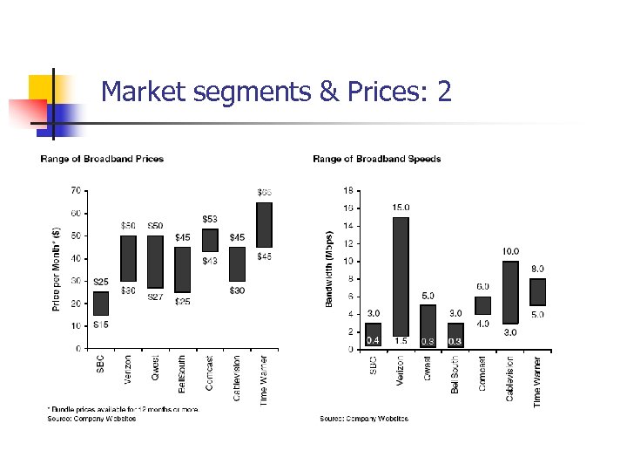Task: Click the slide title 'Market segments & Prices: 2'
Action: coord(276,91)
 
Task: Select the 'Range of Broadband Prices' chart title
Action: coord(102,159)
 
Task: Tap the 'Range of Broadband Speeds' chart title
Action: coord(376,159)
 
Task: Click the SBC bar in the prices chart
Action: coord(101,304)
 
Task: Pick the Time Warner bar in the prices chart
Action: coord(264,225)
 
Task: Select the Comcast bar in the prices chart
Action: coord(210,240)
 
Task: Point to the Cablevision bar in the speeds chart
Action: coord(510,292)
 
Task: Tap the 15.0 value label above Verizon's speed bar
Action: coord(401,208)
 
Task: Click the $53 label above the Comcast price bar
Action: coord(210,219)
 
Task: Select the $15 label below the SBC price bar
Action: coord(101,324)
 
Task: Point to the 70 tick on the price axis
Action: coord(77,190)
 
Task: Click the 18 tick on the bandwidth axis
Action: coord(348,189)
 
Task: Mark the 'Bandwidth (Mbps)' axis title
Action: coord(329,269)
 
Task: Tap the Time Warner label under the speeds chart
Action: coord(537,380)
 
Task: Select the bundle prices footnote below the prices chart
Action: coord(122,409)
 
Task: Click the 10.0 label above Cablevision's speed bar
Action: coord(510,251)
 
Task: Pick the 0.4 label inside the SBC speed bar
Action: coord(373,340)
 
